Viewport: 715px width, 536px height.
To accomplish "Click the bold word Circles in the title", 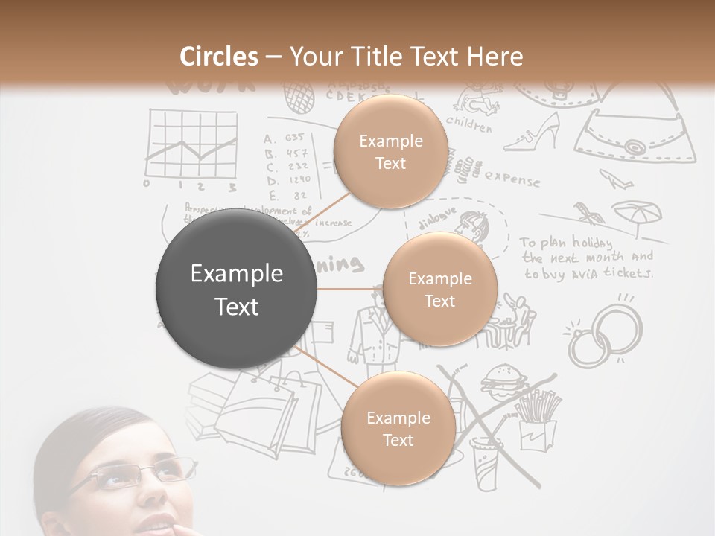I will [218, 57].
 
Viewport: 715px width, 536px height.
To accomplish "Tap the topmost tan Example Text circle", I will [390, 151].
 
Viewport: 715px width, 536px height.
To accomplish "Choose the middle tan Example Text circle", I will [439, 289].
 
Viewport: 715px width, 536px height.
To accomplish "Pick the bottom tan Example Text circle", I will [398, 429].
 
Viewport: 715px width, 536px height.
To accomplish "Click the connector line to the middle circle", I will [350, 289].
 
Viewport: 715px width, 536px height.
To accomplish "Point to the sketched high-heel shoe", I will [533, 132].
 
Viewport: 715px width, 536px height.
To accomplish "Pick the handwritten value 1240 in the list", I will [298, 179].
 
